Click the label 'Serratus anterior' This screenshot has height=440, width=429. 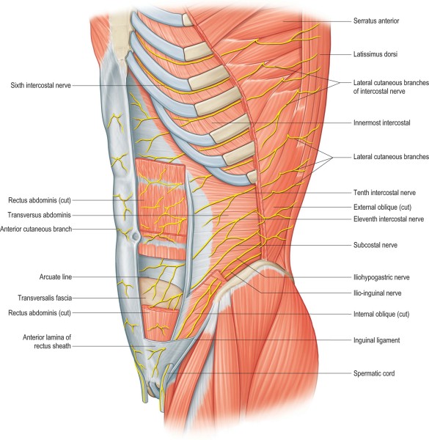[x=376, y=21]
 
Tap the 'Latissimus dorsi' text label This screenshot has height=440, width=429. [x=375, y=54]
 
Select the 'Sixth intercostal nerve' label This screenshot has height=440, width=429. [x=40, y=85]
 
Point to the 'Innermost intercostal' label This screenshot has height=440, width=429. [x=381, y=122]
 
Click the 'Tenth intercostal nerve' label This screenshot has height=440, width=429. [x=384, y=192]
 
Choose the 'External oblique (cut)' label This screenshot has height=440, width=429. [x=382, y=207]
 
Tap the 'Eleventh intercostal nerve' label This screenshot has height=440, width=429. [x=389, y=219]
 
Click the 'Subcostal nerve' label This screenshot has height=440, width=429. [x=375, y=245]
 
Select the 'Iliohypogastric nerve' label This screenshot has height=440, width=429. [x=381, y=277]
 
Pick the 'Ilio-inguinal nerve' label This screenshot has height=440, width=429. [x=377, y=293]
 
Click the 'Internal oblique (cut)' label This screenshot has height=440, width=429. [x=381, y=314]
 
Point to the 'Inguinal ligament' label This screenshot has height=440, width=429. [x=376, y=340]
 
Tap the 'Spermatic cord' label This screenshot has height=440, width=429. [x=374, y=373]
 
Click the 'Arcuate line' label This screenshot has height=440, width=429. [x=56, y=277]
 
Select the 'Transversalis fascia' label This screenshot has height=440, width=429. [x=45, y=298]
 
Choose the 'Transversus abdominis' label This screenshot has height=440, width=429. [x=40, y=215]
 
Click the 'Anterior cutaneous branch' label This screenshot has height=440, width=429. [x=36, y=229]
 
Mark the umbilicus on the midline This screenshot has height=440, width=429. [x=136, y=236]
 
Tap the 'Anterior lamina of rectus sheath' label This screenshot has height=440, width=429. [x=47, y=342]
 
